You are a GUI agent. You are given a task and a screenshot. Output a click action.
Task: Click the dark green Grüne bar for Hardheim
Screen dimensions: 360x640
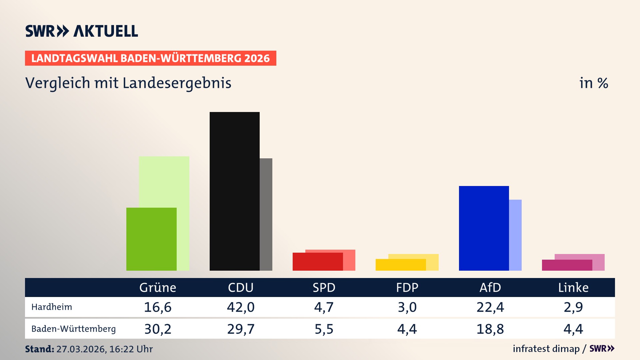tap(151, 239)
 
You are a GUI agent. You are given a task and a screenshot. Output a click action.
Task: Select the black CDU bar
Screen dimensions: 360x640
tap(234, 191)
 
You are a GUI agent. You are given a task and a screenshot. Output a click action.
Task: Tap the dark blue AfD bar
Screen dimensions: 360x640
tap(484, 228)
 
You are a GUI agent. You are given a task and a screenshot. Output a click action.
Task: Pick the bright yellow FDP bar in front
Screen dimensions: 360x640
tap(401, 265)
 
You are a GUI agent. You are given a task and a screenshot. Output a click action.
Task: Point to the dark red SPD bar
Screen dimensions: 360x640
tap(318, 262)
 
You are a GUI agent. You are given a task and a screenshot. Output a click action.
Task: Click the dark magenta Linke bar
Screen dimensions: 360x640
tap(567, 265)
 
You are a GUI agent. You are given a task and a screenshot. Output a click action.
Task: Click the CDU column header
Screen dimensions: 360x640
tap(241, 287)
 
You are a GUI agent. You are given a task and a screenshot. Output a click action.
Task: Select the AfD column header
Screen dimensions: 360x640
tap(490, 287)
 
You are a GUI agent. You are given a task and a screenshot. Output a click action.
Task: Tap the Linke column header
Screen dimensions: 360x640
tap(573, 287)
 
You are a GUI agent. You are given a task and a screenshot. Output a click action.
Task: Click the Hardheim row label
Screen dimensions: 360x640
tap(52, 307)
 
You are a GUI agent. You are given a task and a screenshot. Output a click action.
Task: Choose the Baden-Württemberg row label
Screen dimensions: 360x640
tap(73, 329)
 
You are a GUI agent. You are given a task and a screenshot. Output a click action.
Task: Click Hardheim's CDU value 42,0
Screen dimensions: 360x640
tap(241, 307)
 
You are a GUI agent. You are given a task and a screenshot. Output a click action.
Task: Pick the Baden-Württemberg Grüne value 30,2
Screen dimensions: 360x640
tap(158, 329)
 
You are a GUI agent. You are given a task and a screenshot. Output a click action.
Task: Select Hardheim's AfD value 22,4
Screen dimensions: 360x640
tap(490, 307)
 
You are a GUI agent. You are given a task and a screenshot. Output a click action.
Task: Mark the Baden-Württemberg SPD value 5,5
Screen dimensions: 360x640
tap(324, 329)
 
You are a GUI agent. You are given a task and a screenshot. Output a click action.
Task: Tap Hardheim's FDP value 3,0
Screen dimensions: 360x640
tap(407, 307)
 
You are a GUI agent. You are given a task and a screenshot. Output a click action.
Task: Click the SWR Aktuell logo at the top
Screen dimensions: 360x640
tap(82, 31)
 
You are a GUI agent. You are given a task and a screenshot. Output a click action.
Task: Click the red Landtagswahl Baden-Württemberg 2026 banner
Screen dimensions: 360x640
tap(150, 58)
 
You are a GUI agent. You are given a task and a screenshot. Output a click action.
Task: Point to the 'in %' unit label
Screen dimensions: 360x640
tap(594, 83)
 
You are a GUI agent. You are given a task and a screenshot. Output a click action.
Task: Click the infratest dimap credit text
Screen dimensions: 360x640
tap(546, 349)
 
